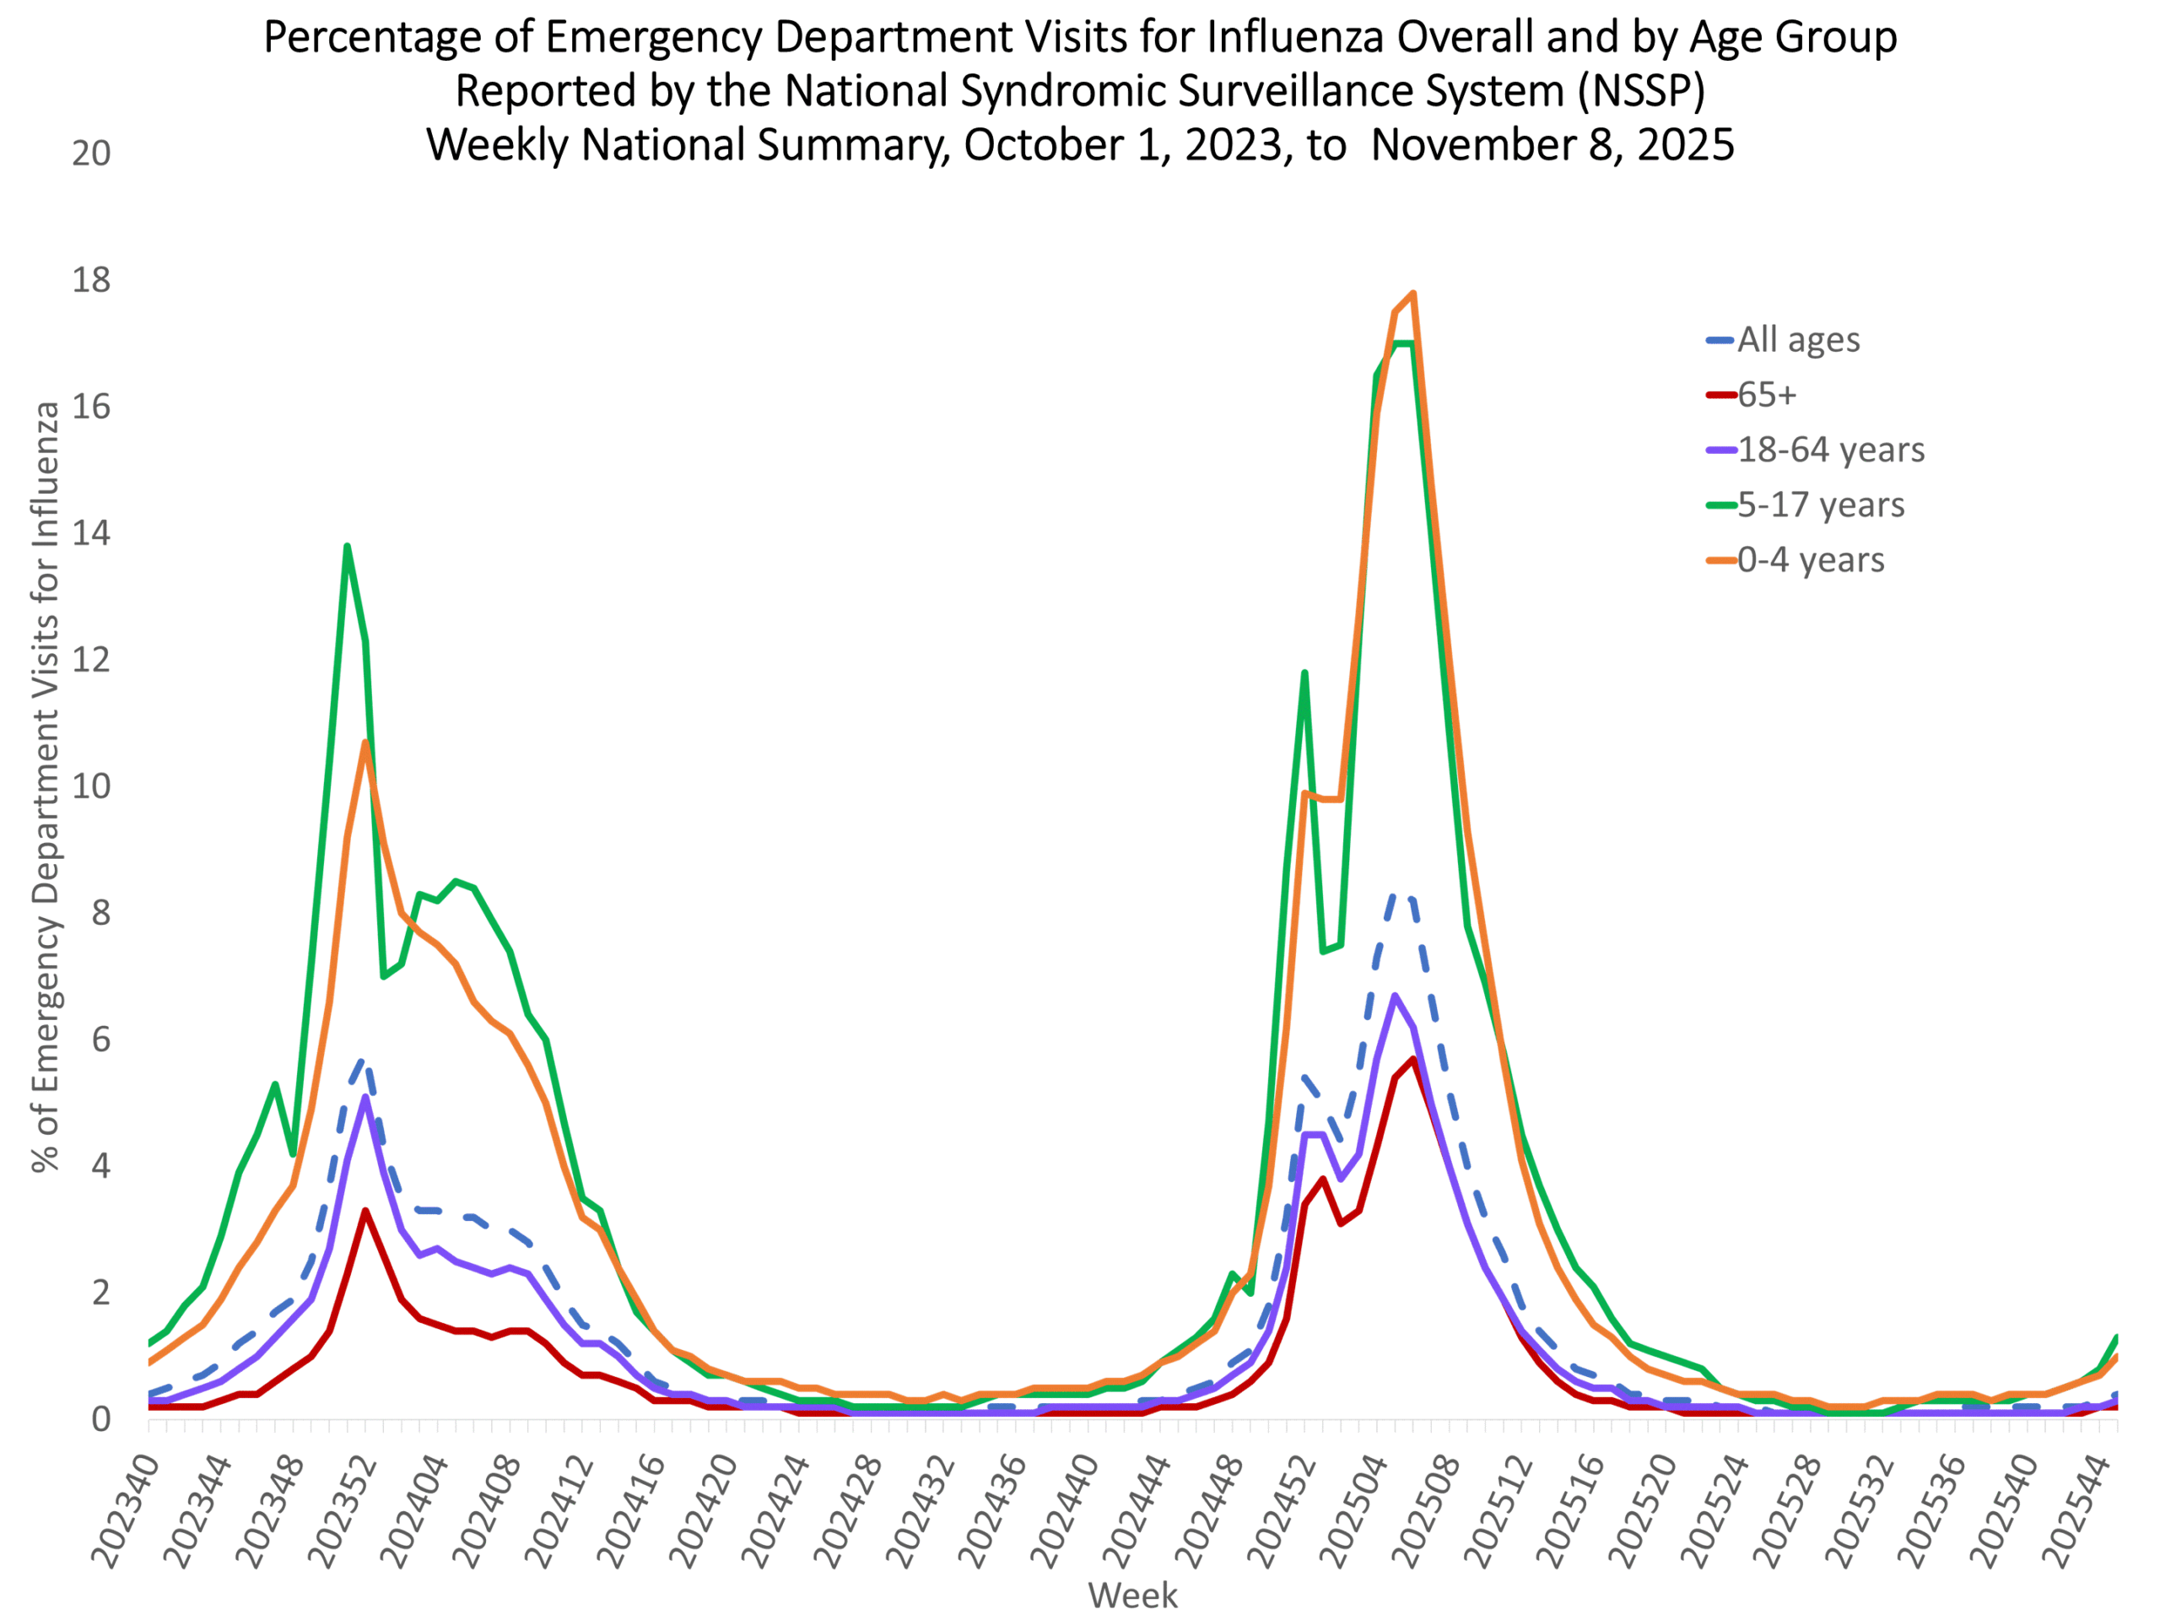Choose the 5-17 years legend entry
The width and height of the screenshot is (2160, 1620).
[x=1820, y=505]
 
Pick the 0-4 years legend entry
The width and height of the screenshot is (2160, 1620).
[x=1811, y=559]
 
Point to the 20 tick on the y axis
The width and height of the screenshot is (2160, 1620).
[x=91, y=154]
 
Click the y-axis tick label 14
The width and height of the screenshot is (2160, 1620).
[x=91, y=533]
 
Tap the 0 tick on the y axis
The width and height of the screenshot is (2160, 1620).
[x=100, y=1419]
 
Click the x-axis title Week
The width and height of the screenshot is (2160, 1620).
[x=1132, y=1596]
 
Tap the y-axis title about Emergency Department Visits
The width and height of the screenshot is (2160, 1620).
[x=46, y=786]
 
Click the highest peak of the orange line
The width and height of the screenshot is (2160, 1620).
[x=1413, y=293]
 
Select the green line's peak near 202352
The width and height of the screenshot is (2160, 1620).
[x=347, y=546]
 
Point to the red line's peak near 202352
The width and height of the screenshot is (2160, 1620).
[x=365, y=1211]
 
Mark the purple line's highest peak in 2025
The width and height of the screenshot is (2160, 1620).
[x=1395, y=995]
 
